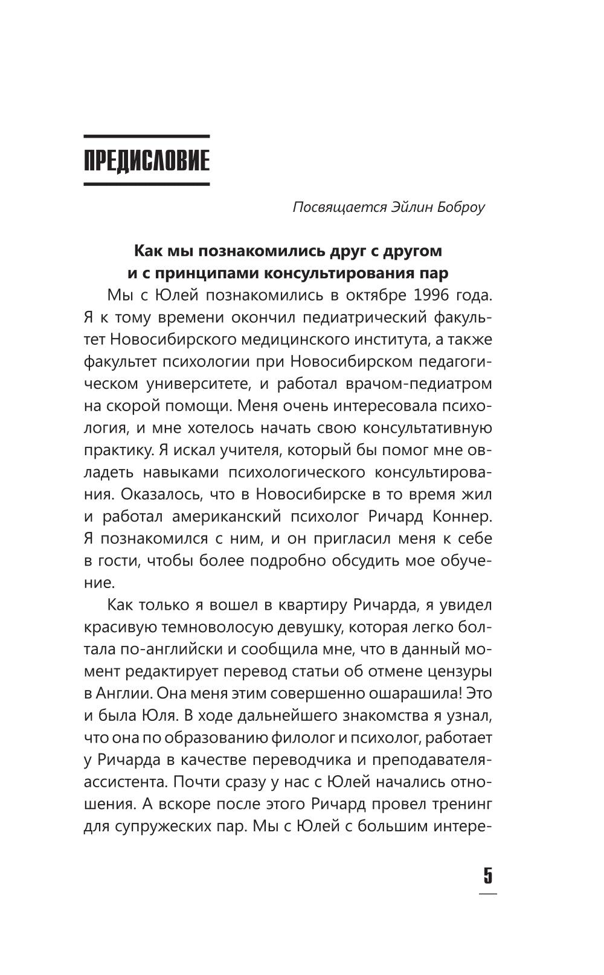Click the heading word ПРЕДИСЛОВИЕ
(146, 161)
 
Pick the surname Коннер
(463, 516)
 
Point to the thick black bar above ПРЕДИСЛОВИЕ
(146, 137)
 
